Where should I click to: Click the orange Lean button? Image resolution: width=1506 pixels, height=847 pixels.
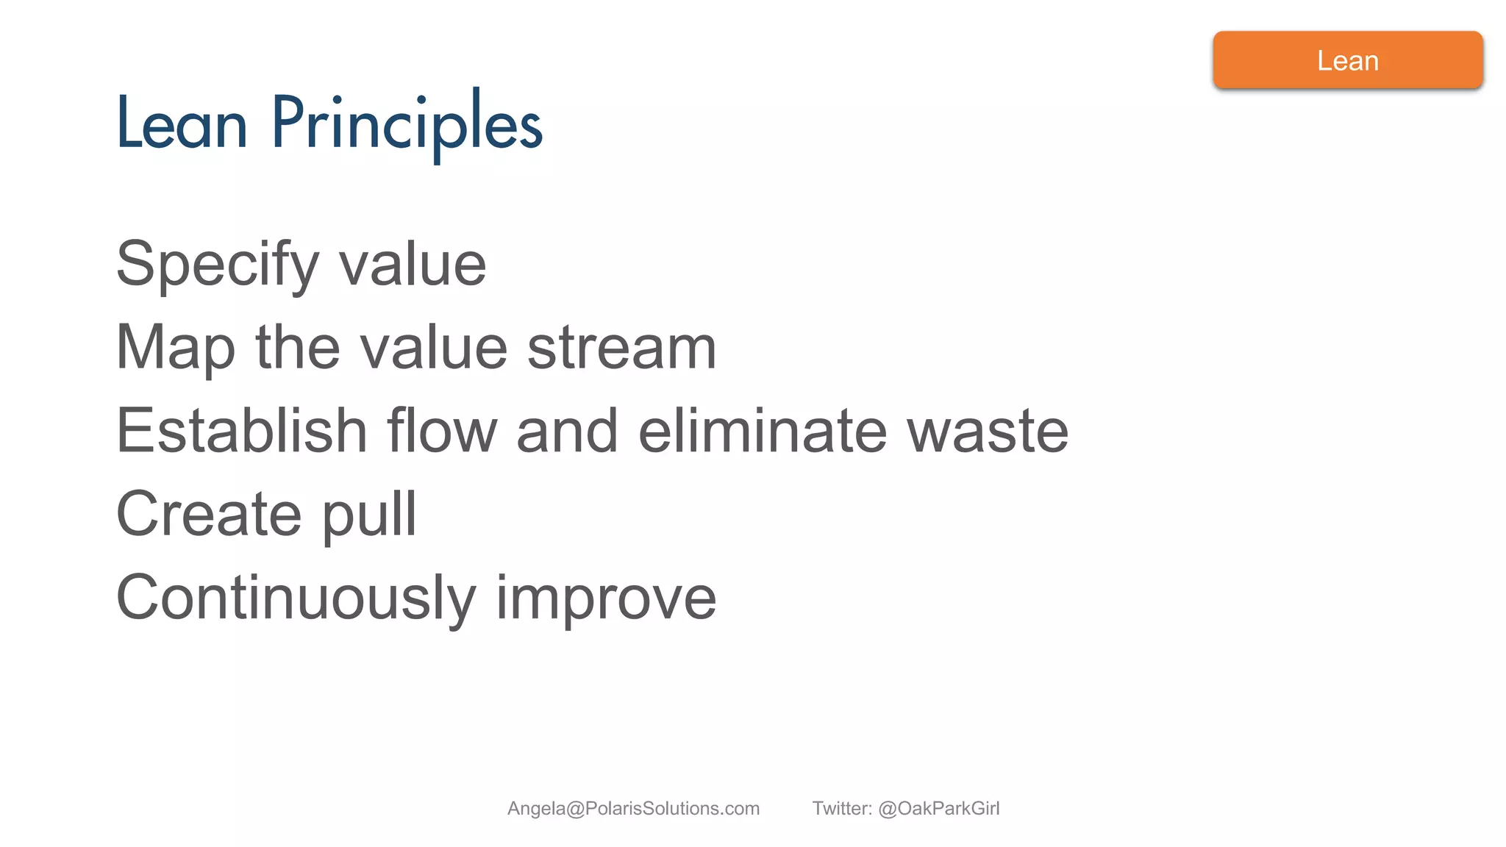(x=1347, y=60)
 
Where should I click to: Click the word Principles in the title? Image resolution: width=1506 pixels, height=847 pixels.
(x=407, y=124)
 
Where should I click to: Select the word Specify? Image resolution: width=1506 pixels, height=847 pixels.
(x=218, y=265)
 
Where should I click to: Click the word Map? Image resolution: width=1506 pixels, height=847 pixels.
(x=176, y=348)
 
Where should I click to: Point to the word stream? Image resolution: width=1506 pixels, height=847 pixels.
(x=621, y=348)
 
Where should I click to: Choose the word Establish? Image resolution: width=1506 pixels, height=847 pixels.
(x=241, y=431)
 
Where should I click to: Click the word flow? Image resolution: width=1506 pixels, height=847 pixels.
(x=442, y=431)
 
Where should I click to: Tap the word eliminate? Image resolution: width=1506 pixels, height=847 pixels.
(x=763, y=431)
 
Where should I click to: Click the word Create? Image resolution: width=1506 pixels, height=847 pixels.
(x=209, y=514)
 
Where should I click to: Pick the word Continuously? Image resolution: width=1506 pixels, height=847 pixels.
(x=296, y=598)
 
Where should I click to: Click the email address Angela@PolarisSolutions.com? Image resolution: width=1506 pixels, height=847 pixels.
(x=633, y=809)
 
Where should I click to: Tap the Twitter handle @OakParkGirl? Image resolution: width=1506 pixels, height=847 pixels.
(x=938, y=809)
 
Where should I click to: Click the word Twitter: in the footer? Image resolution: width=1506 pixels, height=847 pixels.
(x=842, y=809)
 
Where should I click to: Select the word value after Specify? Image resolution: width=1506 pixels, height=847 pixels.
(x=413, y=265)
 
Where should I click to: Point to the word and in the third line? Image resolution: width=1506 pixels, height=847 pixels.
(x=567, y=431)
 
